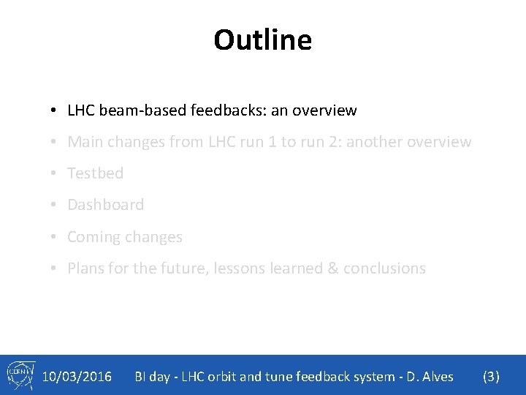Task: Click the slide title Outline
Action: (262, 39)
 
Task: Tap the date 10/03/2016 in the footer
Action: (77, 377)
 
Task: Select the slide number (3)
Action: (492, 377)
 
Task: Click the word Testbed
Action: (95, 173)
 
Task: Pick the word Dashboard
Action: (105, 205)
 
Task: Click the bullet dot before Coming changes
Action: (55, 238)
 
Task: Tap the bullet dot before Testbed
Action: (55, 174)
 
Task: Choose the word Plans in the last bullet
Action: (85, 268)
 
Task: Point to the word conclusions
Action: (384, 268)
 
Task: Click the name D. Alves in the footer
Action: (430, 377)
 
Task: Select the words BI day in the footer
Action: (152, 377)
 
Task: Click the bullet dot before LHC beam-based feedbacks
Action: (55, 111)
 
